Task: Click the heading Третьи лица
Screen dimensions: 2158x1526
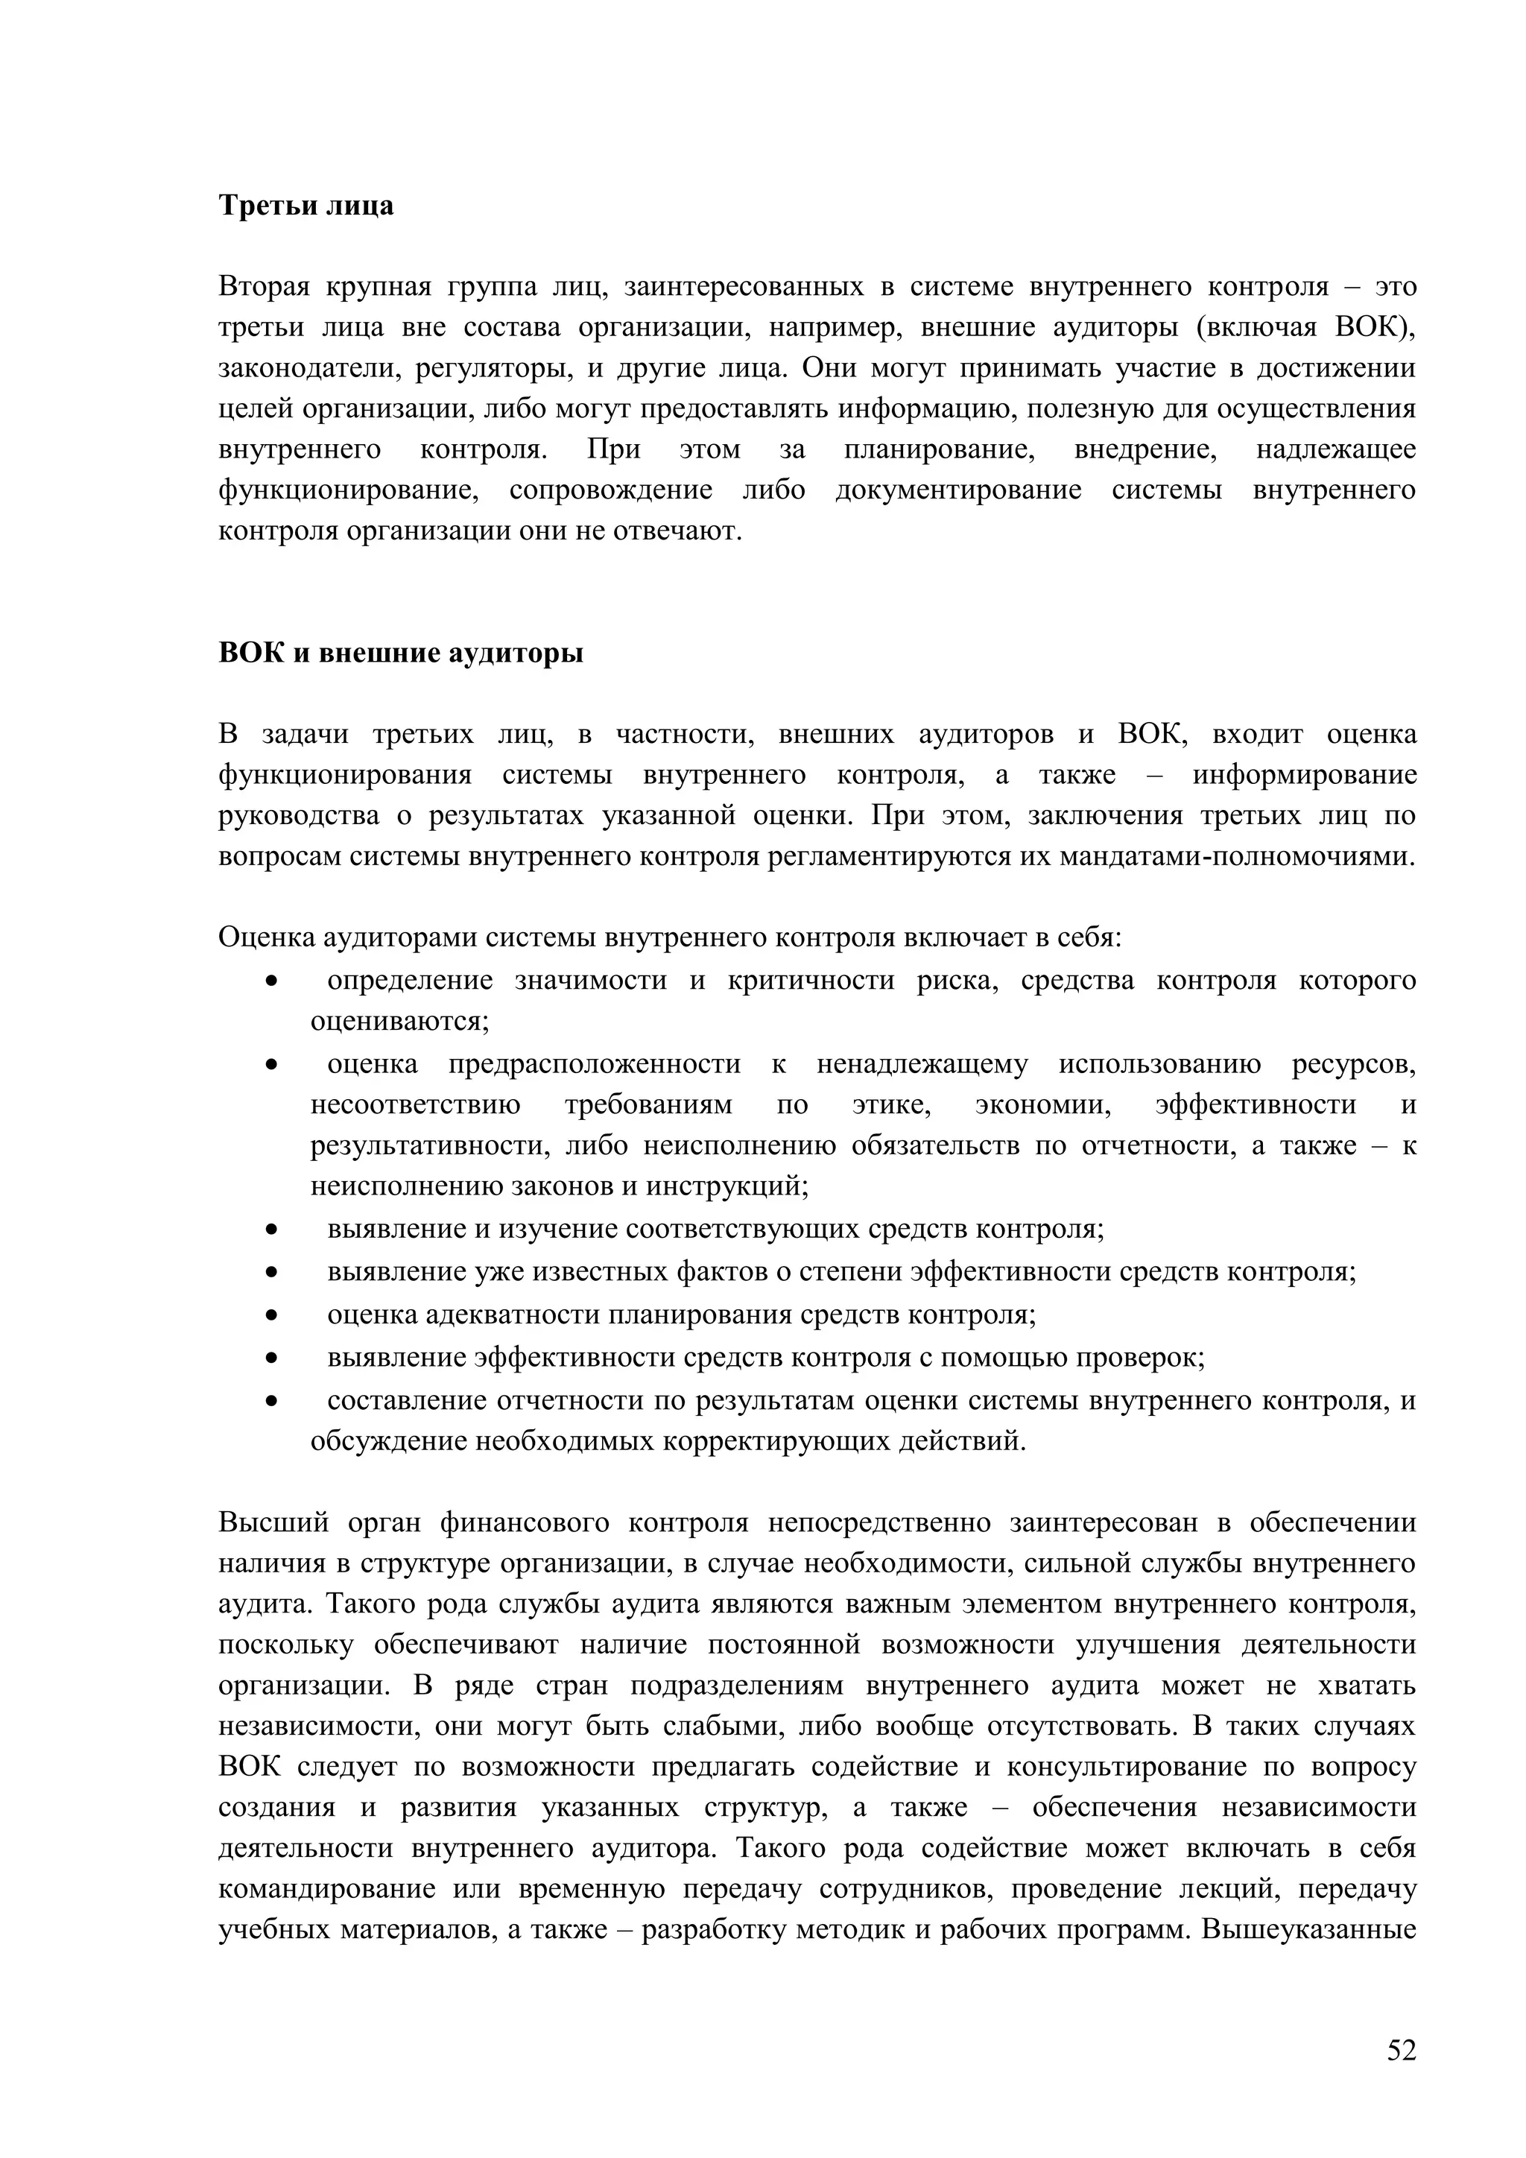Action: pyautogui.click(x=305, y=205)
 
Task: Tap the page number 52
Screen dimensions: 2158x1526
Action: pyautogui.click(x=1401, y=2050)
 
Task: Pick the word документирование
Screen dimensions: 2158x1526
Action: pyautogui.click(x=958, y=490)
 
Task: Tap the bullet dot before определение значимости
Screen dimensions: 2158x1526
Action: pyautogui.click(x=271, y=981)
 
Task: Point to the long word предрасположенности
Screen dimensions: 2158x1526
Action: pyautogui.click(x=594, y=1064)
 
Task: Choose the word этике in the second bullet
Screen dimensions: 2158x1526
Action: pyautogui.click(x=891, y=1104)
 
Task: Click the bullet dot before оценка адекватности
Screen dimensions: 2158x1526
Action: pyautogui.click(x=271, y=1316)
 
